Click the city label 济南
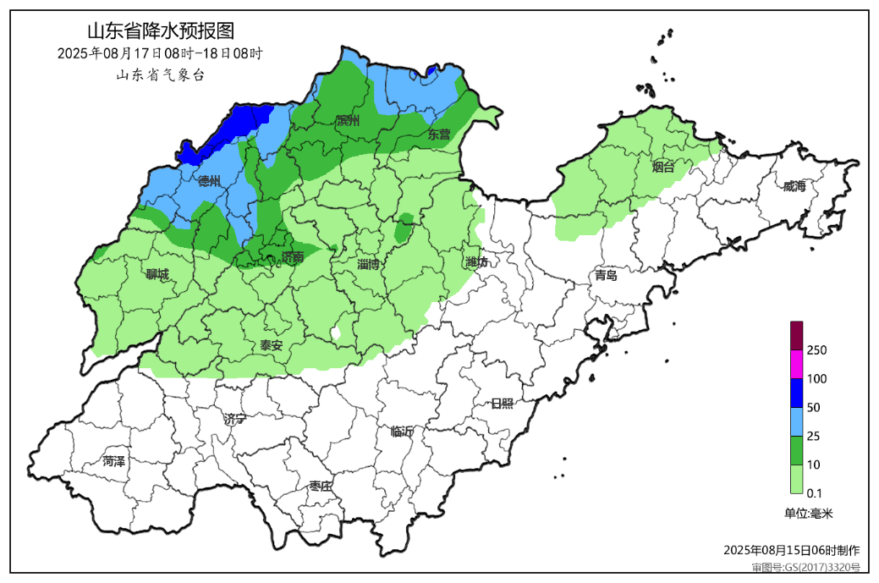pos(292,258)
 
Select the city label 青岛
pos(606,275)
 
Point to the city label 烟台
pos(664,167)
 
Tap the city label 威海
pos(794,186)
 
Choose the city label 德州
pos(209,181)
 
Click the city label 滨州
pos(347,121)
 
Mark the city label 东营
pos(439,134)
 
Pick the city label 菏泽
pos(113,461)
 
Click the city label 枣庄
pos(321,486)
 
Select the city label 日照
pos(502,403)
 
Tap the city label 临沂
pos(403,432)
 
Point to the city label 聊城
pos(157,274)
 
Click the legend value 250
pos(816,350)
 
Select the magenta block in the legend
pos(796,364)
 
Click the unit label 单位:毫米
pos(809,513)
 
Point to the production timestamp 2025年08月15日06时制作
pos(792,550)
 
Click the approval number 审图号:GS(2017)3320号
pos(805,567)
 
